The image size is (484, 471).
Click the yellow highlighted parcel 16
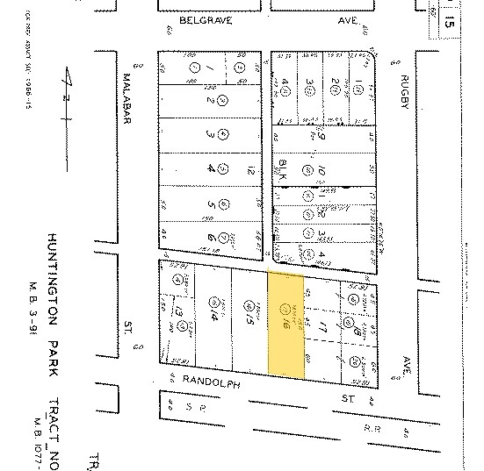click(x=285, y=325)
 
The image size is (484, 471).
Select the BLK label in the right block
click(x=284, y=169)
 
